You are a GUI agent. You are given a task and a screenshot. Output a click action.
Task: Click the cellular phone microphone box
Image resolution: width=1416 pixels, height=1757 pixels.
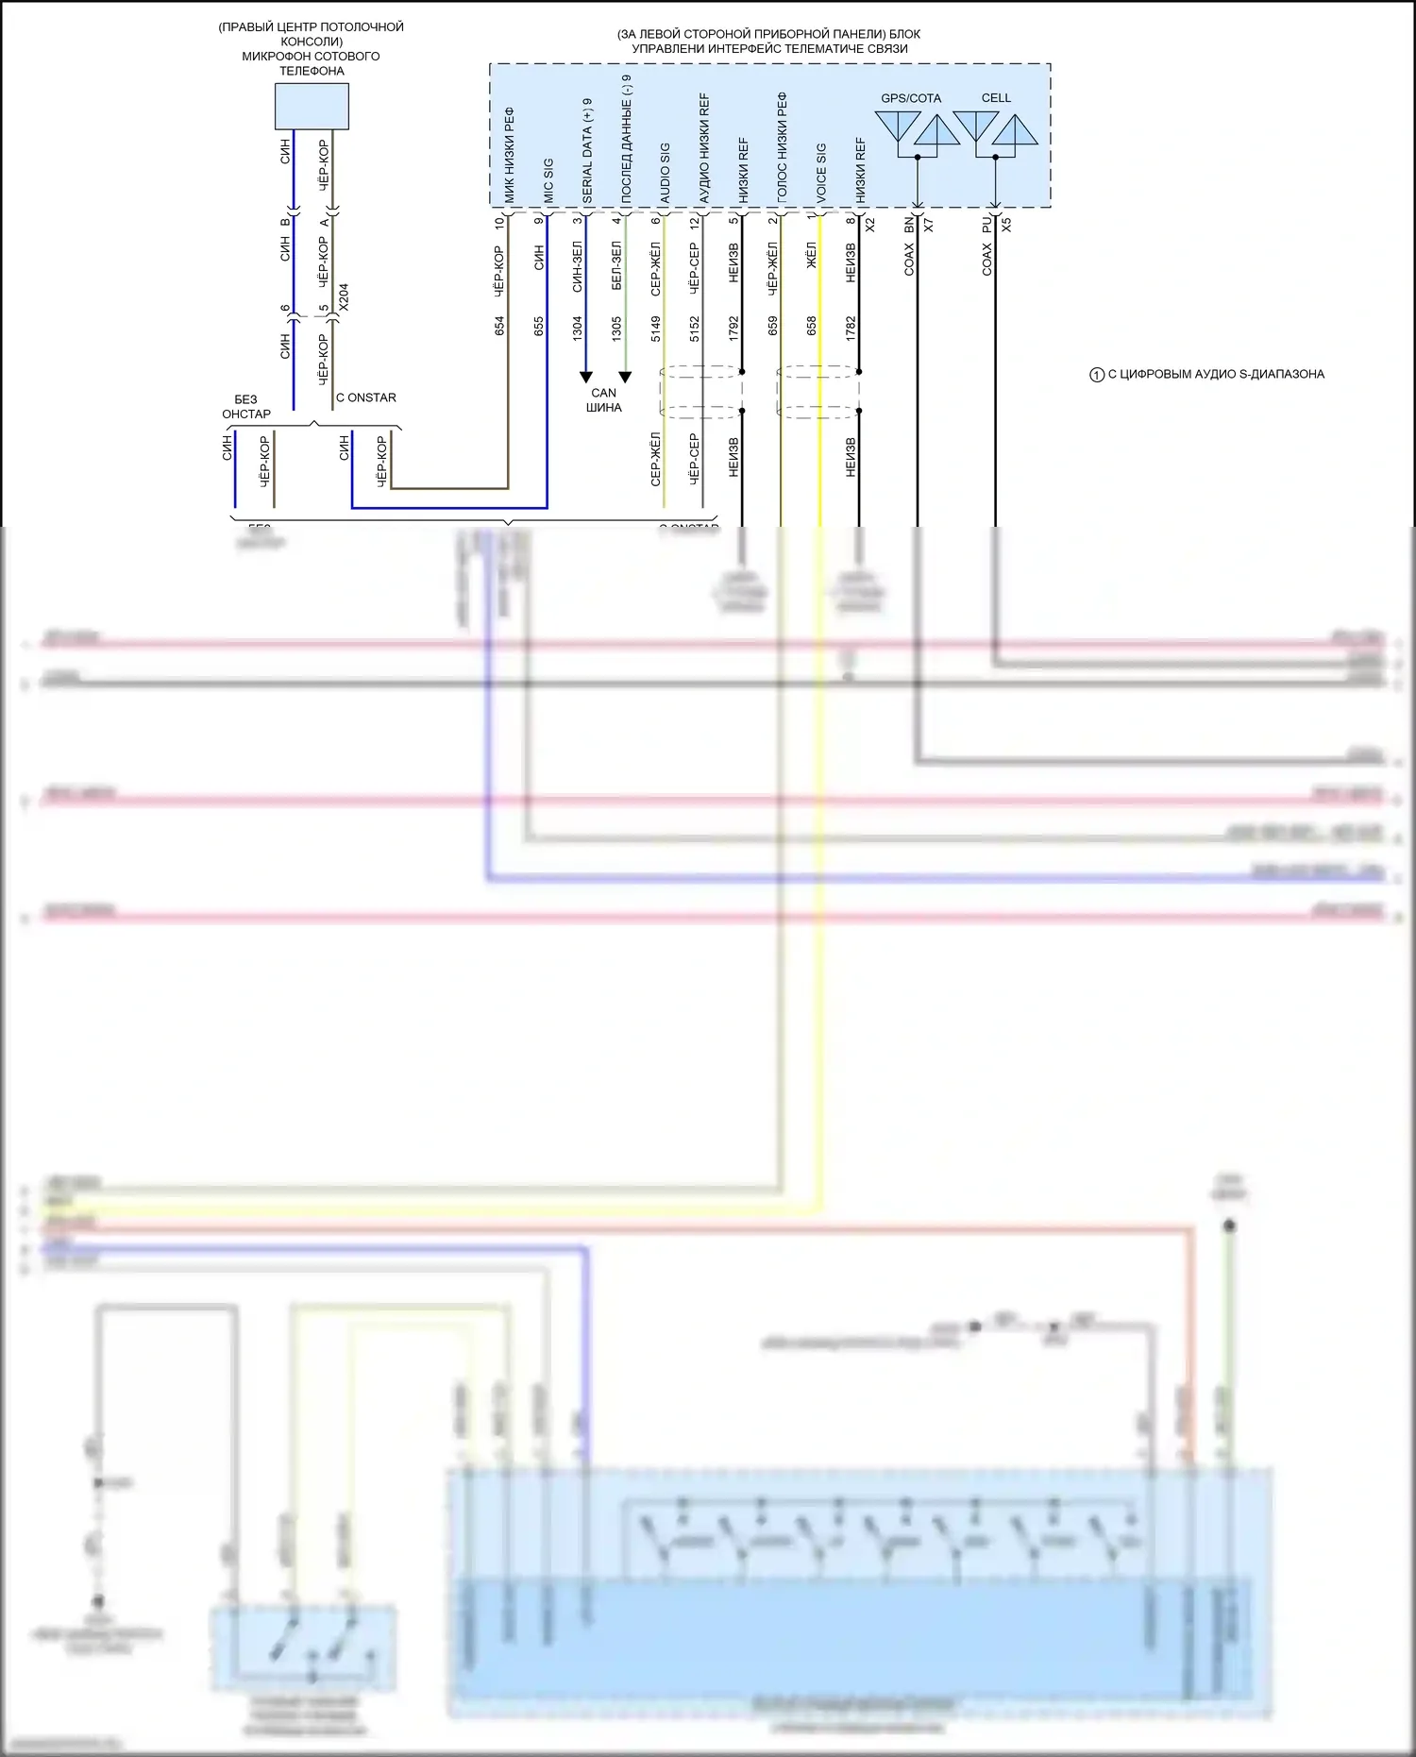point(312,106)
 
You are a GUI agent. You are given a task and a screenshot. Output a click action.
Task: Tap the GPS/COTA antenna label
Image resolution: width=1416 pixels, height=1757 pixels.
point(910,98)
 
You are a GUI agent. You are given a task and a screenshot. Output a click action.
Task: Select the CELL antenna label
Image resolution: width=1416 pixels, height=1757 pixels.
point(996,98)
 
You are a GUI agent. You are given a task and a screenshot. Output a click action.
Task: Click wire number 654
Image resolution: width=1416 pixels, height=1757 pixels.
point(499,326)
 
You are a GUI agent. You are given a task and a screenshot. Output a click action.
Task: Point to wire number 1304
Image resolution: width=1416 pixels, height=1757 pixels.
point(578,328)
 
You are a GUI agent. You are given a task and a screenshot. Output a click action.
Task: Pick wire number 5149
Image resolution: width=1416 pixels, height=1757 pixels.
point(656,328)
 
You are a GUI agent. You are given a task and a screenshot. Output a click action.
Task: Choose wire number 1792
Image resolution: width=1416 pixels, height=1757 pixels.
point(733,328)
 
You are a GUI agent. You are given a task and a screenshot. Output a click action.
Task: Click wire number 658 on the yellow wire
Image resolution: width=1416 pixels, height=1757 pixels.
point(812,326)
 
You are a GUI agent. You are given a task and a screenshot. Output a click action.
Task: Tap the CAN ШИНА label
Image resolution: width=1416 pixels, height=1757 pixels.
point(604,400)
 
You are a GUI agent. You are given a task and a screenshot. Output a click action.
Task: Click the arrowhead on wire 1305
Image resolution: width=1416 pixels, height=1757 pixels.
point(625,377)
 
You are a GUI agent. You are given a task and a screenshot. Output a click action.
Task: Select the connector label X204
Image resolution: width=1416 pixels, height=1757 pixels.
point(344,297)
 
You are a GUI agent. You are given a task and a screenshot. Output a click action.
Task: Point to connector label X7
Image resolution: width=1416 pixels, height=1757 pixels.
point(929,226)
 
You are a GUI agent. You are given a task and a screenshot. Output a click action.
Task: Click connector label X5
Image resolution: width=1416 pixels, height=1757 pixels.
point(1006,226)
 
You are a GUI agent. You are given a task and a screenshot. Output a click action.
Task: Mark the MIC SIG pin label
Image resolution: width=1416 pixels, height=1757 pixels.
point(548,180)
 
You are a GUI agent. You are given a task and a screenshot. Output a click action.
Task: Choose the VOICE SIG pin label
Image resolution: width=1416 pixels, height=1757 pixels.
point(820,173)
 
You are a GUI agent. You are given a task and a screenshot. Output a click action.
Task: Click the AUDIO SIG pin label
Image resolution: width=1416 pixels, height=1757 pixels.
point(665,173)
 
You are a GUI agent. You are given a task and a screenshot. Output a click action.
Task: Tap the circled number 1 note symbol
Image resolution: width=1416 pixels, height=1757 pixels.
point(1097,375)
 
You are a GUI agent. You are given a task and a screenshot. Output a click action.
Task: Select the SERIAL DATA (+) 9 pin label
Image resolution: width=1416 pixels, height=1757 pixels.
point(587,150)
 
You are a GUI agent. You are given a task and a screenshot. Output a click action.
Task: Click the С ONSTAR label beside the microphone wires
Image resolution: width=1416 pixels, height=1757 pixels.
point(366,397)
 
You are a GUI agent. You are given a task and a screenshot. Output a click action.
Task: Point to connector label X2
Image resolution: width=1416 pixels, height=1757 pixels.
point(870,226)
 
